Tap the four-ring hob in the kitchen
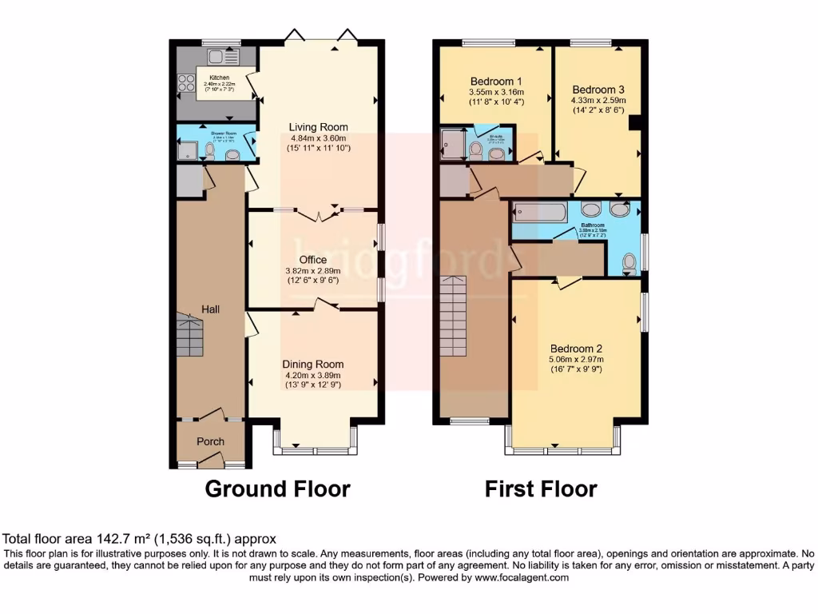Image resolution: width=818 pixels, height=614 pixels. click(x=185, y=82)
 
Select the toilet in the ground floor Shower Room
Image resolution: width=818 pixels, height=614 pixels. click(x=209, y=150)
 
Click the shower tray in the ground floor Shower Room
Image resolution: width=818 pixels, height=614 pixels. click(x=188, y=151)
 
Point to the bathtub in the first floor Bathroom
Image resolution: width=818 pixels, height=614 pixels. click(x=540, y=213)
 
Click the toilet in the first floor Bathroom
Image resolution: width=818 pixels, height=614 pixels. click(x=629, y=262)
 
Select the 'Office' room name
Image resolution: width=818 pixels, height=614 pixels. click(x=312, y=260)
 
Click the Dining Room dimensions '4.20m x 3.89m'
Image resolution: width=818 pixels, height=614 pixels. click(x=313, y=375)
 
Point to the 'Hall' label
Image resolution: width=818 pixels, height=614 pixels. click(x=210, y=309)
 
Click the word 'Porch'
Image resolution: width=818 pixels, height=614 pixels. click(x=211, y=441)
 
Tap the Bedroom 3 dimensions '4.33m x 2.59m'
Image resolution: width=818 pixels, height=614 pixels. click(x=598, y=101)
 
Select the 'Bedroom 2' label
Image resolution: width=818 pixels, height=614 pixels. click(x=576, y=349)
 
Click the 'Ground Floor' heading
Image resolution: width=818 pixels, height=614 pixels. click(x=277, y=488)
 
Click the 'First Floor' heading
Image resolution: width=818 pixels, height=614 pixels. click(x=541, y=488)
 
